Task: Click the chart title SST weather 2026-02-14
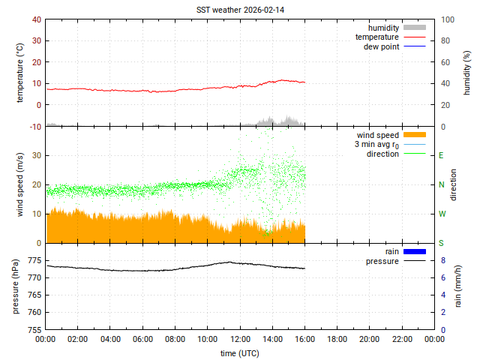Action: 240,9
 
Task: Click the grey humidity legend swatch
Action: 415,28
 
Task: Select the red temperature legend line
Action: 415,37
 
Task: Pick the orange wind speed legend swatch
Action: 415,135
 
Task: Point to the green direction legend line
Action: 415,154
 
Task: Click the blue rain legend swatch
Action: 415,251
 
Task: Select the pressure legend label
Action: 382,261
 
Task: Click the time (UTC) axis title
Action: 240,352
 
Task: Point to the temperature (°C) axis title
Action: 20,73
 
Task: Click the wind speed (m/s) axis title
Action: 20,184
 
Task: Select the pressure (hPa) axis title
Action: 15,286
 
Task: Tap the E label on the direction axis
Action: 441,155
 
